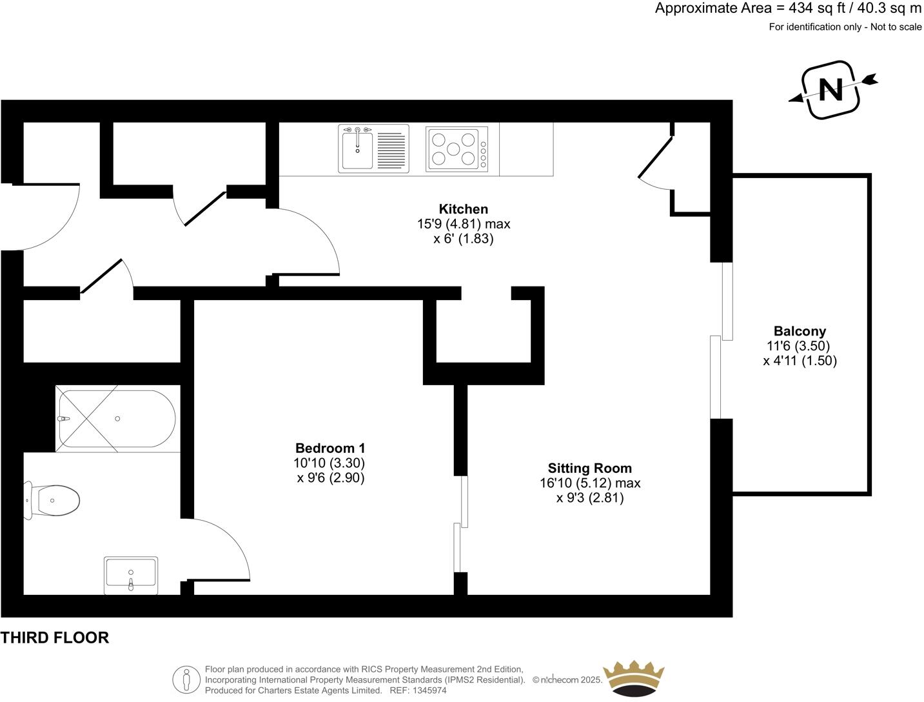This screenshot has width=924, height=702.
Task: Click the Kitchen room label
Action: click(463, 209)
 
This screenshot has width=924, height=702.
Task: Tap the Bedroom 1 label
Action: click(330, 448)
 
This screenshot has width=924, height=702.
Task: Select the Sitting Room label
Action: click(589, 468)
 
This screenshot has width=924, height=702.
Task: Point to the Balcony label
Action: click(800, 331)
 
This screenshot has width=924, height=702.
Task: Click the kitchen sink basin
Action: click(357, 150)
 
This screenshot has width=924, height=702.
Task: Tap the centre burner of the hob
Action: click(453, 148)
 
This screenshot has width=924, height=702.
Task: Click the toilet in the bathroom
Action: click(52, 500)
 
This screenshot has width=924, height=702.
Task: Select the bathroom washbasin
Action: click(131, 576)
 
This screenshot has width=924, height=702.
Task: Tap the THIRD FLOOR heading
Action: click(55, 637)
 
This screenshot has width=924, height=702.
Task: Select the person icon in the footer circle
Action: click(186, 679)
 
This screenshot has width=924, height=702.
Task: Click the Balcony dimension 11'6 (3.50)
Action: click(798, 346)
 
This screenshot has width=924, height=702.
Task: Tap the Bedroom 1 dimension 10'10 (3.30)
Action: click(329, 463)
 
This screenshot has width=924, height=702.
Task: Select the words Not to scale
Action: click(896, 27)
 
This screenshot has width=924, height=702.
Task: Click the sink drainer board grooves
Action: click(391, 150)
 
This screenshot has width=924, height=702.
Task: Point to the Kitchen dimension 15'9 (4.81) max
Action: click(464, 224)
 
